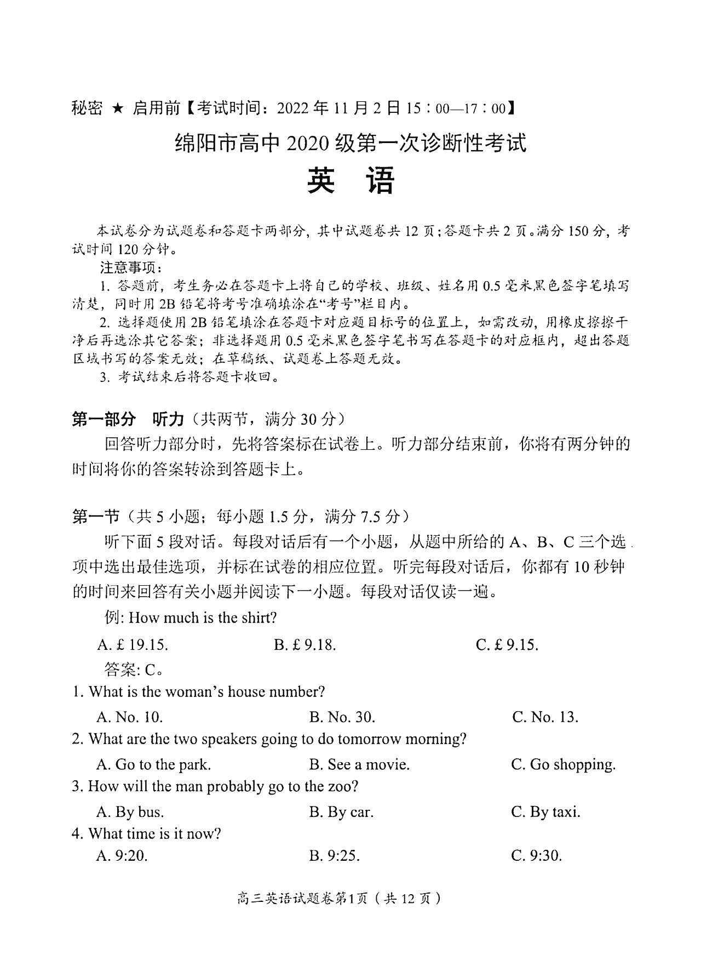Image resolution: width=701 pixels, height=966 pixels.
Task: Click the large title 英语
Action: pos(350,181)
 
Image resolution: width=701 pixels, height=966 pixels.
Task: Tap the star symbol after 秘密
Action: pos(117,108)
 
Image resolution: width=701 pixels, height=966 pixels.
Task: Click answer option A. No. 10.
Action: pos(130,717)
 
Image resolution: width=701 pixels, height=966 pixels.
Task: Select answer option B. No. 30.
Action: pos(342,717)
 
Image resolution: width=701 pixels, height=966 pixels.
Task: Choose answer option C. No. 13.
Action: pos(545,717)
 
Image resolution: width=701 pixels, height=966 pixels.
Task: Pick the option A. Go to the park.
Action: pos(153,764)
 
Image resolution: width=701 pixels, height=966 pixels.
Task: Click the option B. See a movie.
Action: pos(359,764)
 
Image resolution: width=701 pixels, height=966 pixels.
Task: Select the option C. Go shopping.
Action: pos(563,764)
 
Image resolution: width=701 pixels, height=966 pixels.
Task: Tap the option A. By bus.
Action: pos(130,812)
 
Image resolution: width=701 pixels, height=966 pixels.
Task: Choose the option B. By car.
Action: pos(341,812)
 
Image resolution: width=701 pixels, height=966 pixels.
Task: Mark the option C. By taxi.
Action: pos(545,812)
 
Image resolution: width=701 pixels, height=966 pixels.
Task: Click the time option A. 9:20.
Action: pos(122,856)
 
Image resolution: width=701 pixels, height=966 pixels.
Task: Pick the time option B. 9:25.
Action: pos(335,856)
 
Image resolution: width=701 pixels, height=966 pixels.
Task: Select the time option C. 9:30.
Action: pos(537,856)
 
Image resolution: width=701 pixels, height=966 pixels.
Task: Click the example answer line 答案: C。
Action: pos(134,669)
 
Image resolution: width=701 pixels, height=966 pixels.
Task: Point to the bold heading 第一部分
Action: pos(104,419)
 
